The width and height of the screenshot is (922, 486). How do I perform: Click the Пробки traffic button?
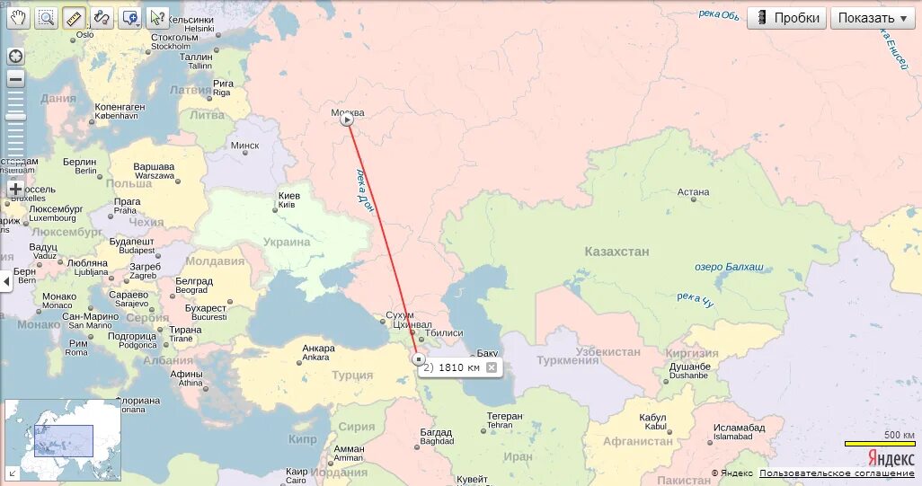pyautogui.click(x=786, y=18)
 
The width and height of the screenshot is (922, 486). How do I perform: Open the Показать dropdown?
pyautogui.click(x=873, y=18)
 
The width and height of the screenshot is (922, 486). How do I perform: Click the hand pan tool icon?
pyautogui.click(x=18, y=17)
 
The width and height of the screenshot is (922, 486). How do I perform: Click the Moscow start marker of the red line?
pyautogui.click(x=348, y=119)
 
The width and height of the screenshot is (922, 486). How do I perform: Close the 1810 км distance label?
pyautogui.click(x=492, y=367)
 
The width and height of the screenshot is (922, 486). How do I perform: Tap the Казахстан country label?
pyautogui.click(x=616, y=252)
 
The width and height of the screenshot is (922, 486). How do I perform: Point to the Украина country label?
pyautogui.click(x=287, y=242)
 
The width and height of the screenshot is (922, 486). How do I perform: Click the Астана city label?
pyautogui.click(x=693, y=192)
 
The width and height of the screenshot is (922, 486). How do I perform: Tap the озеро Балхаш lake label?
pyautogui.click(x=729, y=267)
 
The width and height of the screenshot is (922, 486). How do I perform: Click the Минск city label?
pyautogui.click(x=244, y=146)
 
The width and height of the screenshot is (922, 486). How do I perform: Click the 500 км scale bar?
pyautogui.click(x=879, y=442)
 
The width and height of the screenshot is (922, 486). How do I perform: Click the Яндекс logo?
pyautogui.click(x=891, y=457)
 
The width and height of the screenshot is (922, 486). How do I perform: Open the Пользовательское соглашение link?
pyautogui.click(x=837, y=473)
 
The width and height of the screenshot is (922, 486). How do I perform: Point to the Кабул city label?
pyautogui.click(x=652, y=418)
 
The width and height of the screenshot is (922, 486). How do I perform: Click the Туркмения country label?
pyautogui.click(x=567, y=360)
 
